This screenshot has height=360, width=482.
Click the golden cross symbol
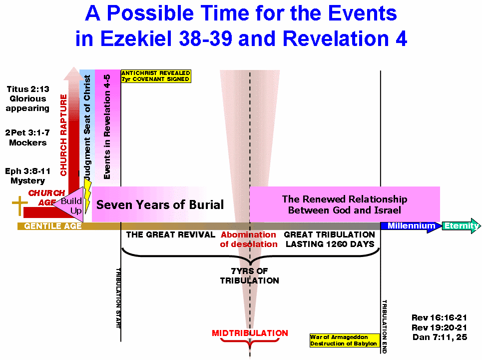(19, 205)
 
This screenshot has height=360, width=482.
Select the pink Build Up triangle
(71, 204)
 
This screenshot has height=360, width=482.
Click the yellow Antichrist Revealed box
(156, 76)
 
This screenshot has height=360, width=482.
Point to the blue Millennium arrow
(411, 226)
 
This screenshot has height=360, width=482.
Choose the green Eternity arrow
(461, 226)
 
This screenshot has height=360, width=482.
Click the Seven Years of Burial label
(160, 204)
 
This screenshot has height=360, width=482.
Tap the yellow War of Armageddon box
(344, 340)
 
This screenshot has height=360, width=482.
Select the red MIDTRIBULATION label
(250, 333)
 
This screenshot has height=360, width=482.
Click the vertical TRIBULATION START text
(118, 298)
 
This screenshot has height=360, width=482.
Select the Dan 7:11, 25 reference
(440, 337)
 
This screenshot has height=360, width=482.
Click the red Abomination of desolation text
(249, 239)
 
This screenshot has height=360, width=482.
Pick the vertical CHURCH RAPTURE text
(63, 135)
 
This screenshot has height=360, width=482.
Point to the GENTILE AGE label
(53, 226)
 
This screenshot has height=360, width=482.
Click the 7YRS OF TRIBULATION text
(250, 275)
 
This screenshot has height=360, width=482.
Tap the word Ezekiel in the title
(135, 39)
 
